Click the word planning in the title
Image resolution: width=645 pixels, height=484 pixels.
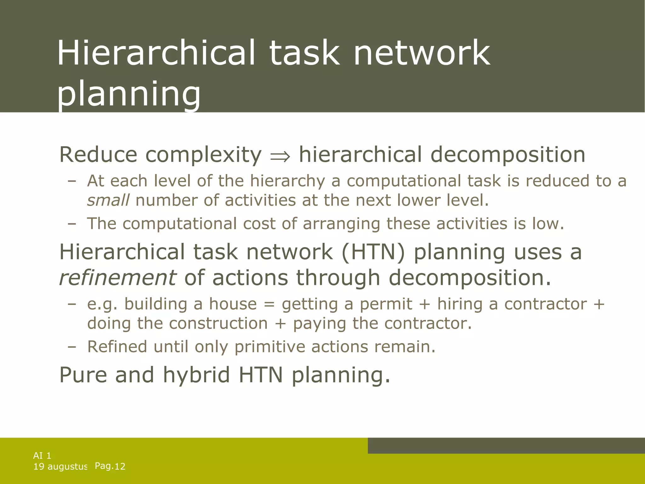tap(128, 94)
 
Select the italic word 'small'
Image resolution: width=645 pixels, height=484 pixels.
tap(108, 200)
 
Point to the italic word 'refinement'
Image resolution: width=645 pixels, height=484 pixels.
tap(117, 278)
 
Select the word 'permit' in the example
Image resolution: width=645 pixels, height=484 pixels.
tap(386, 304)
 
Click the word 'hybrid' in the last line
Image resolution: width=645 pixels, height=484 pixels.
tap(196, 375)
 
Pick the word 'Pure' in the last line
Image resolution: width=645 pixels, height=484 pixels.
tap(83, 375)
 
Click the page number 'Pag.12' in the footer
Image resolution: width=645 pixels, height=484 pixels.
tap(110, 466)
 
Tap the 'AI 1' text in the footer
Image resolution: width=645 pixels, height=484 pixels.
tap(42, 455)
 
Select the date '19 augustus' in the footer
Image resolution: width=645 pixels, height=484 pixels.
tap(60, 466)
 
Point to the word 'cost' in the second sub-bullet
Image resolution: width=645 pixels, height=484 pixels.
tap(259, 224)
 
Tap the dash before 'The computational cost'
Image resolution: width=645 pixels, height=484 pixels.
tap(72, 224)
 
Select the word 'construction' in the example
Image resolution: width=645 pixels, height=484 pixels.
tap(218, 324)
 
